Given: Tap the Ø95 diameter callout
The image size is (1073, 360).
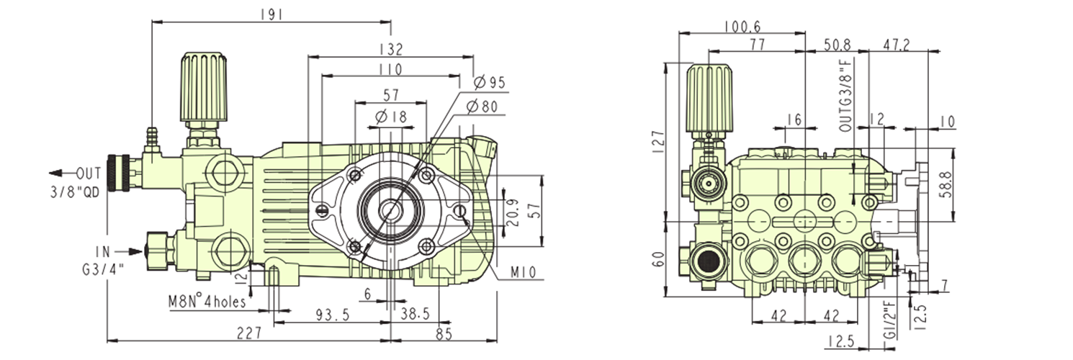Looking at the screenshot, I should [x=489, y=83].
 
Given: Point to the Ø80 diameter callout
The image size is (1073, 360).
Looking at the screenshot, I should [x=482, y=107].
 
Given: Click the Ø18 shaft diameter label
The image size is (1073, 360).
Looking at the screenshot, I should [x=392, y=117].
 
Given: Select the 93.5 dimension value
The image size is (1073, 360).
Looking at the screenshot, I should [x=332, y=315].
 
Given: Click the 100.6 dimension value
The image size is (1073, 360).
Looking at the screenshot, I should [x=742, y=27].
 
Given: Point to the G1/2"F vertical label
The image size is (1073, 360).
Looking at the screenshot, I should [x=889, y=325].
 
